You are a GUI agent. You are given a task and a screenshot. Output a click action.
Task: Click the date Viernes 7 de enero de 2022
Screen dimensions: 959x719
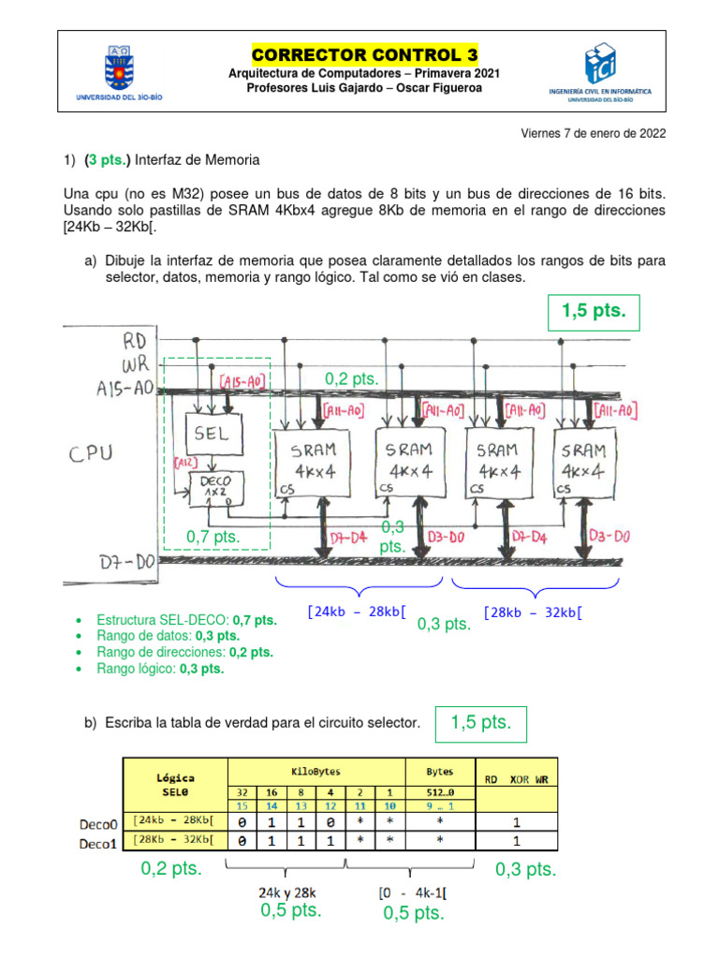tap(593, 133)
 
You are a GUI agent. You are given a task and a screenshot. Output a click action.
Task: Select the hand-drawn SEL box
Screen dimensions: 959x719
tap(217, 434)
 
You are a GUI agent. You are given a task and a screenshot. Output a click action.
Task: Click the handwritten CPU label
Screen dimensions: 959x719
tap(91, 453)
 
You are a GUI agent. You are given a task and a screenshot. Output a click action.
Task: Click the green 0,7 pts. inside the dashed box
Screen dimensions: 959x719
tap(213, 537)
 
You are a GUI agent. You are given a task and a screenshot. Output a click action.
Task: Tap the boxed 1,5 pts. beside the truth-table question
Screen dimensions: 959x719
tap(480, 722)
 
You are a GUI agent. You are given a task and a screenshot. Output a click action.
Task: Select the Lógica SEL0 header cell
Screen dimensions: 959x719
tap(175, 784)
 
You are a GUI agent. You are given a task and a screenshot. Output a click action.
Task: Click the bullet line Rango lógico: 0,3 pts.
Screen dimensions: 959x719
tap(160, 669)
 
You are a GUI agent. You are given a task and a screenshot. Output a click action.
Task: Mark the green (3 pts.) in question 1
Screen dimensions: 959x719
tap(107, 160)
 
